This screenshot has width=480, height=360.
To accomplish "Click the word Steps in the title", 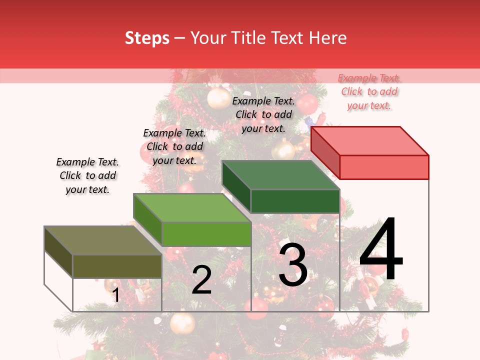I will click(147, 38).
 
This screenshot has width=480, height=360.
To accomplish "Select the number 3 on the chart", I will click(293, 265).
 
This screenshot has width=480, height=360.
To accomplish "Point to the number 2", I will click(201, 280).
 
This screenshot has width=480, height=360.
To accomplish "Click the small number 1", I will click(116, 295).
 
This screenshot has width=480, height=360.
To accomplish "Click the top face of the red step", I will click(370, 140).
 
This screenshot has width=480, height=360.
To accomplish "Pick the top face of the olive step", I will click(103, 240).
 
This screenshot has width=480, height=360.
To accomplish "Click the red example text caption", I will click(369, 92).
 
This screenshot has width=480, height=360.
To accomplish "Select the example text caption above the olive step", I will click(87, 176).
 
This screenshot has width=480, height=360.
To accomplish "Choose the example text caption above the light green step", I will click(174, 147).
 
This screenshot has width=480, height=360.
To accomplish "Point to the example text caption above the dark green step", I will click(263, 114).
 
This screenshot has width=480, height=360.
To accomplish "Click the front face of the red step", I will click(384, 167).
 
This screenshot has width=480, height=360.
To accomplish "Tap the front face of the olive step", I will click(117, 266).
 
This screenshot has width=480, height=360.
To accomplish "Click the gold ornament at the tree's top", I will click(218, 98).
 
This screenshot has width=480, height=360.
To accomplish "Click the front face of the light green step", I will click(206, 234).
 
